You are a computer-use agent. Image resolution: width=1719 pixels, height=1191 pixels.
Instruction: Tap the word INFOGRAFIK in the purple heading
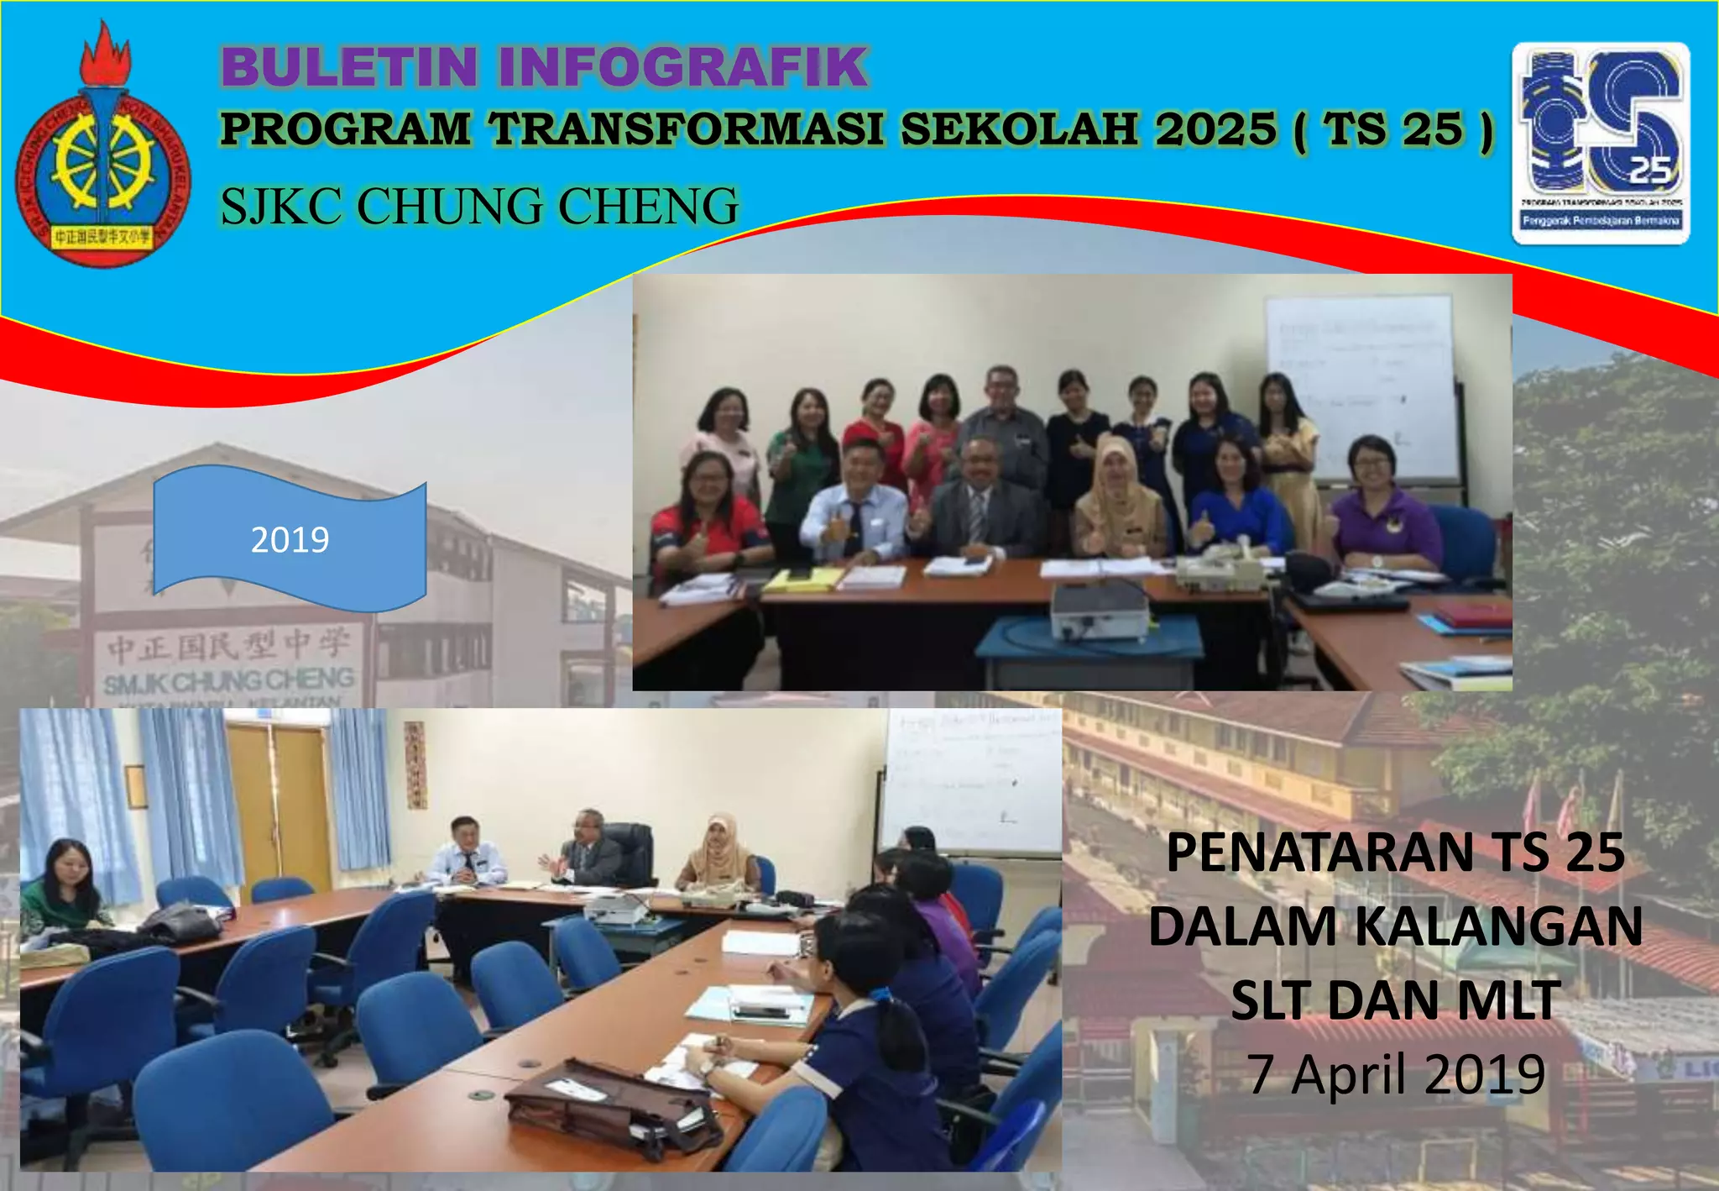pyautogui.click(x=683, y=67)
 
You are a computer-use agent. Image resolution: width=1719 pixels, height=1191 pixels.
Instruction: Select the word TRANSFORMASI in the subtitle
pyautogui.click(x=686, y=130)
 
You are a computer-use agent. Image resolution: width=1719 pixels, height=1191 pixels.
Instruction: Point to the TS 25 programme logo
pyautogui.click(x=1601, y=143)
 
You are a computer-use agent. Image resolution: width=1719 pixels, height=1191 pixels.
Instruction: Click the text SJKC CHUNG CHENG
pyautogui.click(x=479, y=207)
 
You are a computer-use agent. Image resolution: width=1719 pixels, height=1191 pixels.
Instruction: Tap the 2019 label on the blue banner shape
pyautogui.click(x=290, y=539)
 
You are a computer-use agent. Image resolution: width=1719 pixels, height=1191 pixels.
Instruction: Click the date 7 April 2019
pyautogui.click(x=1395, y=1074)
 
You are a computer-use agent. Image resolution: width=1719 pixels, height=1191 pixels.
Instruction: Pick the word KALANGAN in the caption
pyautogui.click(x=1498, y=926)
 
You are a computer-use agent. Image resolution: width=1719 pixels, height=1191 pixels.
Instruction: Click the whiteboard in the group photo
pyautogui.click(x=1361, y=386)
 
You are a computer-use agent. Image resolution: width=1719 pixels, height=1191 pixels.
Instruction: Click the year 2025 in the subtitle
pyautogui.click(x=1215, y=130)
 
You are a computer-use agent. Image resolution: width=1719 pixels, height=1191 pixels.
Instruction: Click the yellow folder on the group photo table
pyautogui.click(x=803, y=579)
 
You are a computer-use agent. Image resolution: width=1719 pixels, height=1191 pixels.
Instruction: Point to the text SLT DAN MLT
pyautogui.click(x=1395, y=1000)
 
